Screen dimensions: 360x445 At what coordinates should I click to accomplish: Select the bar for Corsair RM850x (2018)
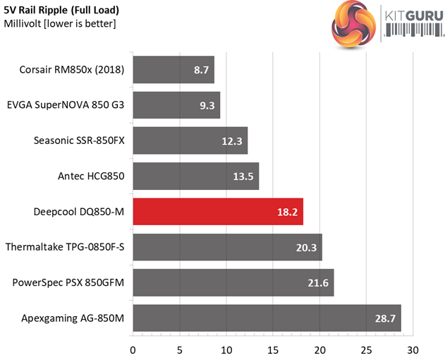tap(173, 71)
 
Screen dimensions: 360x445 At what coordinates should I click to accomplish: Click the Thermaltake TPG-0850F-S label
tap(65, 247)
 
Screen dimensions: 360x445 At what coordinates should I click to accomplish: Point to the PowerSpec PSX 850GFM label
tap(68, 282)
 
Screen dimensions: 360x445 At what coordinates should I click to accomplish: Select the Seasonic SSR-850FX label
tap(79, 140)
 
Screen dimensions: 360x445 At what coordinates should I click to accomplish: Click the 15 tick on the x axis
tap(273, 349)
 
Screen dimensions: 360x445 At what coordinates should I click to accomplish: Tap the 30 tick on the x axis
tap(413, 349)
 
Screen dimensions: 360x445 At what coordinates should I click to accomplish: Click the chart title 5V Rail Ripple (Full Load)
tap(61, 11)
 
